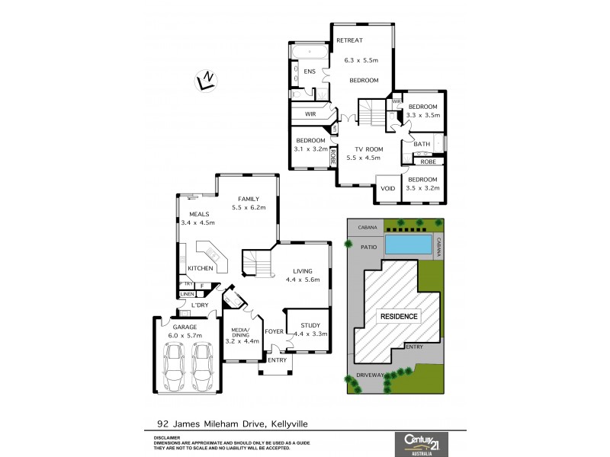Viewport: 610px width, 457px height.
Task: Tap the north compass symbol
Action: click(x=204, y=79)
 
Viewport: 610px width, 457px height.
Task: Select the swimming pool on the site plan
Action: click(x=408, y=244)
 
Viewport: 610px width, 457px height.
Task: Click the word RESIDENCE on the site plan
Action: click(x=395, y=316)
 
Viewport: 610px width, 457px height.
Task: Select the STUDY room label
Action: click(x=310, y=325)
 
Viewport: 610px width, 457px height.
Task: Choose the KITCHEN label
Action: click(x=200, y=268)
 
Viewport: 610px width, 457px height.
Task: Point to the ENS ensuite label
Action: click(x=310, y=72)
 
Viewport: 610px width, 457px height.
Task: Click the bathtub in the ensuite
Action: click(x=309, y=52)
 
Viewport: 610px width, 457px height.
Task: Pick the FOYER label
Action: click(x=274, y=331)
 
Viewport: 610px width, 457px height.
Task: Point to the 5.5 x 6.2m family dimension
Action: click(x=249, y=207)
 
